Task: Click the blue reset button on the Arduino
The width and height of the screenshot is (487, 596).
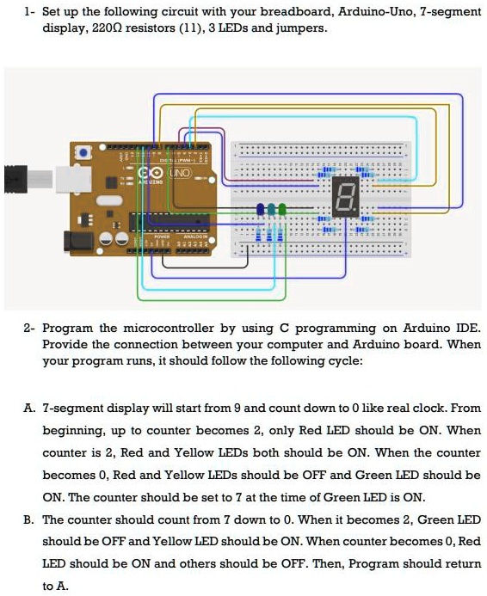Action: point(83,152)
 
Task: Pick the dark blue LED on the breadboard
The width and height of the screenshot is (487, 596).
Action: point(261,209)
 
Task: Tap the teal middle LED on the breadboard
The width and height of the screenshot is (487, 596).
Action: point(271,209)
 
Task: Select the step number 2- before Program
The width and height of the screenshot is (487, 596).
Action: point(29,329)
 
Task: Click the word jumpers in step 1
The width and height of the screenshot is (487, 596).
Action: point(303,28)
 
